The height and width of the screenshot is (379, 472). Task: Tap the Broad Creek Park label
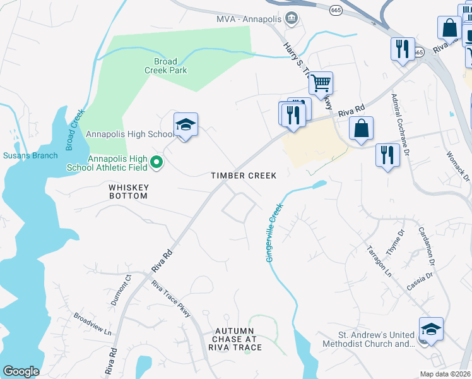pyautogui.click(x=170, y=66)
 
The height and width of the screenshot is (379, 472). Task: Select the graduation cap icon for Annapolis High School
pyautogui.click(x=186, y=126)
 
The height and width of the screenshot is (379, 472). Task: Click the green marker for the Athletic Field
pyautogui.click(x=158, y=164)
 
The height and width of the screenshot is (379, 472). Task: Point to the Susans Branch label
pyautogui.click(x=30, y=155)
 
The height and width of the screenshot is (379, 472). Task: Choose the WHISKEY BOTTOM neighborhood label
pyautogui.click(x=128, y=192)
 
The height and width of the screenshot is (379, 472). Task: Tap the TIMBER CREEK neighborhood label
pyautogui.click(x=244, y=176)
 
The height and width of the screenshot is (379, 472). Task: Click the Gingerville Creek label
pyautogui.click(x=274, y=232)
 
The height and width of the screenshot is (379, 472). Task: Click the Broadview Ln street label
pyautogui.click(x=92, y=324)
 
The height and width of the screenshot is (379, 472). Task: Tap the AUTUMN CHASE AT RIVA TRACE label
pyautogui.click(x=234, y=339)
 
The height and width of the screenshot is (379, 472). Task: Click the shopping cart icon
pyautogui.click(x=321, y=82)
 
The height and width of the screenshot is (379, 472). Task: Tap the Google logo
pyautogui.click(x=21, y=371)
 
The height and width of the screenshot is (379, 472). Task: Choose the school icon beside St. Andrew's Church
pyautogui.click(x=431, y=330)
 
